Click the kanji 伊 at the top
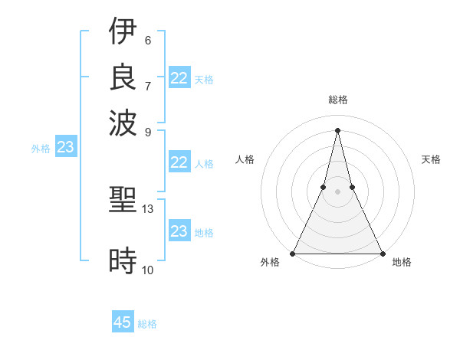click(123, 31)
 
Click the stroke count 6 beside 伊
click(147, 40)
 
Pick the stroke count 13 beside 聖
click(148, 208)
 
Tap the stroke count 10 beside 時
click(148, 269)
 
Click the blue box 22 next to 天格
click(179, 78)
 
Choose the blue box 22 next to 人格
click(179, 162)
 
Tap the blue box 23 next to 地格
click(179, 231)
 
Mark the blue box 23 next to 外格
click(66, 148)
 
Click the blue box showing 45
click(123, 322)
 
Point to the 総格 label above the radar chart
click(337, 100)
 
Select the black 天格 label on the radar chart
click(432, 159)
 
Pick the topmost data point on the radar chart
click(337, 129)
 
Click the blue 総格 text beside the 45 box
click(147, 324)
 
